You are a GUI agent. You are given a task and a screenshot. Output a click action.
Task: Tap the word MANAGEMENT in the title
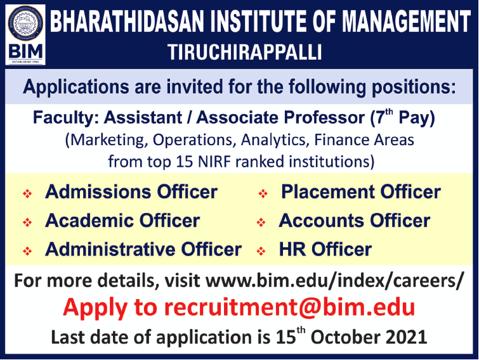[x=406, y=22]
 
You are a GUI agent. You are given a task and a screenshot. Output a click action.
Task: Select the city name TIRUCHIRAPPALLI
[x=245, y=52]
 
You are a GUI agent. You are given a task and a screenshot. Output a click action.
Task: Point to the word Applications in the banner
[x=76, y=87]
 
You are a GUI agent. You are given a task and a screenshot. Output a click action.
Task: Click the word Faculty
[x=66, y=118]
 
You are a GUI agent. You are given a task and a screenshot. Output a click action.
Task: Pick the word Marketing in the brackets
[x=107, y=140]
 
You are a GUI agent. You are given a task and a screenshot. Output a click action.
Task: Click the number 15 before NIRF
[x=185, y=162]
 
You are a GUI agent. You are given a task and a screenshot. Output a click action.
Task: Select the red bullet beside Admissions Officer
[x=27, y=194]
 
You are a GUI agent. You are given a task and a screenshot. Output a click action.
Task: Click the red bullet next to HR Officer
[x=261, y=251]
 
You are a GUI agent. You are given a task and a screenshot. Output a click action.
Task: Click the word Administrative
[x=110, y=249]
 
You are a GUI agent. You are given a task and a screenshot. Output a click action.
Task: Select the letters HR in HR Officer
[x=292, y=249]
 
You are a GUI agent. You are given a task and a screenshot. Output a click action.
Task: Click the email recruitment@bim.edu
[x=289, y=307]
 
